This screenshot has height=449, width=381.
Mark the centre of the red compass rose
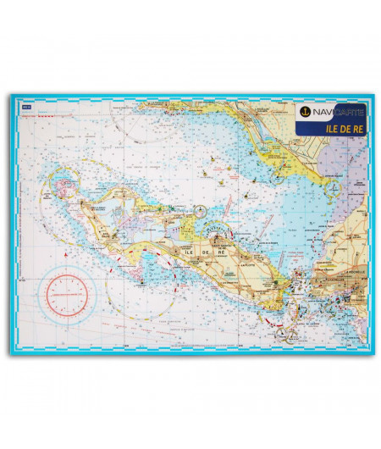click(x=67, y=292)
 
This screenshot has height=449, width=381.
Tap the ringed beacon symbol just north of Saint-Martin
click(x=200, y=211)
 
